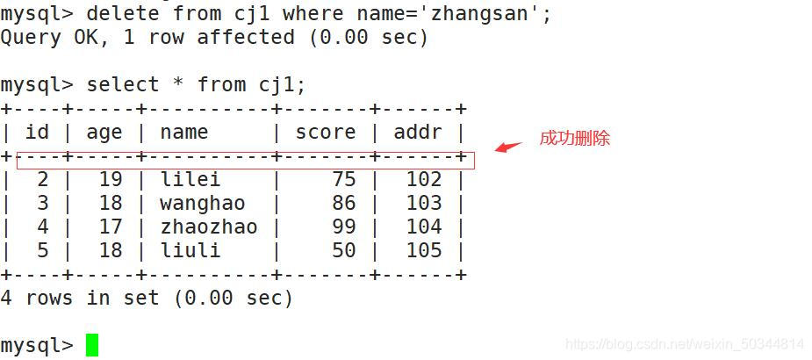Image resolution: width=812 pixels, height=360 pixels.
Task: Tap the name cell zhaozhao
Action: pyautogui.click(x=209, y=227)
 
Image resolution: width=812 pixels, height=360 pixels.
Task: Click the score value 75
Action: pyautogui.click(x=343, y=179)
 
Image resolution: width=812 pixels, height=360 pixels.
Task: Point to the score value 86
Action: pyautogui.click(x=343, y=203)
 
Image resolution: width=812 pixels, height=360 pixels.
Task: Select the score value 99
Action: pyautogui.click(x=343, y=227)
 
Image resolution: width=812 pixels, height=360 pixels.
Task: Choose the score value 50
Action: pyautogui.click(x=343, y=250)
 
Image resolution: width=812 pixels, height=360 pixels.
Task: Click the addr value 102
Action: pyautogui.click(x=424, y=179)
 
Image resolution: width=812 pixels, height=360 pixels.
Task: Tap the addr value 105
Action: pyautogui.click(x=424, y=250)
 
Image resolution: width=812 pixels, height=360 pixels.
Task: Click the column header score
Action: pyautogui.click(x=326, y=133)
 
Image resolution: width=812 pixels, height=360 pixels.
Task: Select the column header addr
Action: pyautogui.click(x=418, y=133)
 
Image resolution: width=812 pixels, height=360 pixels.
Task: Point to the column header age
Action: pyautogui.click(x=104, y=133)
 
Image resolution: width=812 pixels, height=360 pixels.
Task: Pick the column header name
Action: pyautogui.click(x=184, y=133)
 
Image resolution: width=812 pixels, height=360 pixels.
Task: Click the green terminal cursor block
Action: pyautogui.click(x=92, y=345)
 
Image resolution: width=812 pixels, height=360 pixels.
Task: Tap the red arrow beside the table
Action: pyautogui.click(x=508, y=146)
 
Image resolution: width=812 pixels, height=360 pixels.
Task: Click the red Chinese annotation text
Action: pyautogui.click(x=574, y=138)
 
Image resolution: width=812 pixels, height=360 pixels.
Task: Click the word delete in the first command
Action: pyautogui.click(x=123, y=14)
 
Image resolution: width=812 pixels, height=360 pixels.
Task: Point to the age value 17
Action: pyautogui.click(x=111, y=227)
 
